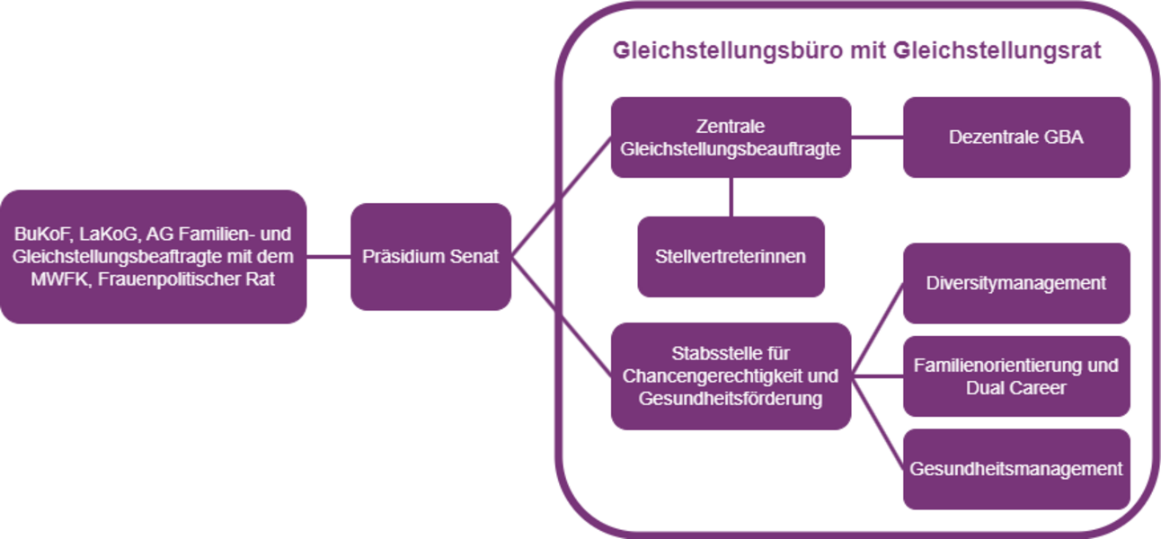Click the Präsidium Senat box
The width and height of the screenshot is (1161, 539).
coord(430,257)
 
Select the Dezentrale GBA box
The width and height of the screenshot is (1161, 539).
coord(1015,137)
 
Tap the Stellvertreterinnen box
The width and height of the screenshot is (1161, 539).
coord(731,257)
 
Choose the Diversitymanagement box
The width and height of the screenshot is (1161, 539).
coord(1015,283)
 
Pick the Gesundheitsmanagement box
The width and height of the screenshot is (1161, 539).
coord(1015,469)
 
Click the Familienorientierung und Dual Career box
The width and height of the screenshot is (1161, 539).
coord(1015,376)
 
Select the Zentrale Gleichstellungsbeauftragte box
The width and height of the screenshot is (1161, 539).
coord(731,137)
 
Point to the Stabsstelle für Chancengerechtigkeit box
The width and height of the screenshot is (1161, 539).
coord(731,376)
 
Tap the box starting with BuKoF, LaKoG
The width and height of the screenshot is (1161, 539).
coord(153,257)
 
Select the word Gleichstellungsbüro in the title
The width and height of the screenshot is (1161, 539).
coord(717,50)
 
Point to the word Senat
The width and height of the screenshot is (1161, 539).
coord(477,257)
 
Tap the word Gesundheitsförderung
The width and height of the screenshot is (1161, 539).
coord(731,399)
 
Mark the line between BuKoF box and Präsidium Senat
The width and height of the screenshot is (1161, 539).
coord(328,257)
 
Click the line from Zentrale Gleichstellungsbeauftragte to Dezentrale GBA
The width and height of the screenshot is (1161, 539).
coord(877,137)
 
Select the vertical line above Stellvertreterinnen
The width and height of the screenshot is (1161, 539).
coord(731,197)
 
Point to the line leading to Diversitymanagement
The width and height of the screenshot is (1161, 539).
coord(877,329)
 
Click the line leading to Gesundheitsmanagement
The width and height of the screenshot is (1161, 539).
coord(877,422)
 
